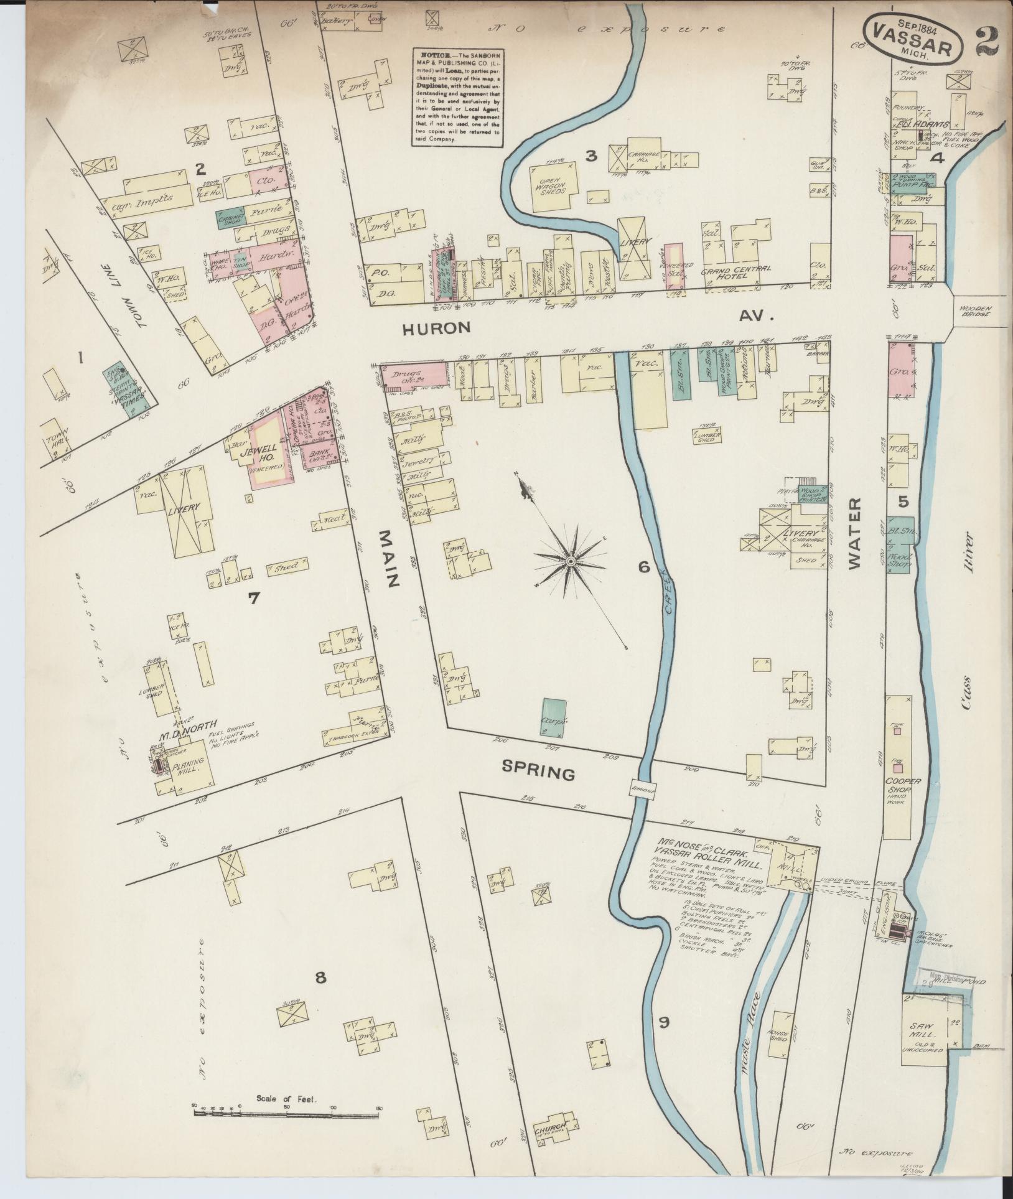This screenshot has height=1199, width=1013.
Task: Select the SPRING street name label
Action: pyautogui.click(x=538, y=773)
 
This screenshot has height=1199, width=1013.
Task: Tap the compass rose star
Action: pyautogui.click(x=570, y=562)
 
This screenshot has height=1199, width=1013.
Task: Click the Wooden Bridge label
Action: pyautogui.click(x=975, y=311)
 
